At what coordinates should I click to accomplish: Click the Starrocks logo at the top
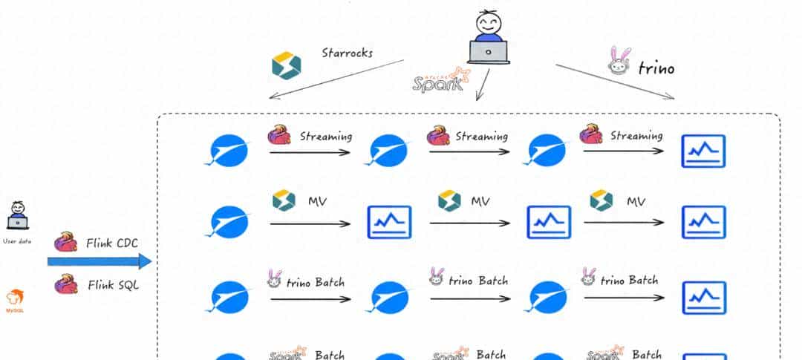[286, 66]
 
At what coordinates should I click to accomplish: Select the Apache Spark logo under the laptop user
[442, 79]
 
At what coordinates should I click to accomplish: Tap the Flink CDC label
[111, 243]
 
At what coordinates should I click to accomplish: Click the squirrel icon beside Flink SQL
[66, 283]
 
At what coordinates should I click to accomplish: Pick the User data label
[16, 241]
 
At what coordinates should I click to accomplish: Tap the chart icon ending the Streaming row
[703, 151]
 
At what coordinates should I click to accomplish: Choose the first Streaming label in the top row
[326, 137]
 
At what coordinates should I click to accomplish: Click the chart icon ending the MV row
[703, 222]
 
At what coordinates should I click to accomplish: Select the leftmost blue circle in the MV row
[228, 222]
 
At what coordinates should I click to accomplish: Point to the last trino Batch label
[629, 281]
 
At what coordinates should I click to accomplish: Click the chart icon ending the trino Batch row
[703, 297]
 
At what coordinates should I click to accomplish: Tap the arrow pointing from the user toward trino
[615, 82]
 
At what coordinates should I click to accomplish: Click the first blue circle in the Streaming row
[228, 151]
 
